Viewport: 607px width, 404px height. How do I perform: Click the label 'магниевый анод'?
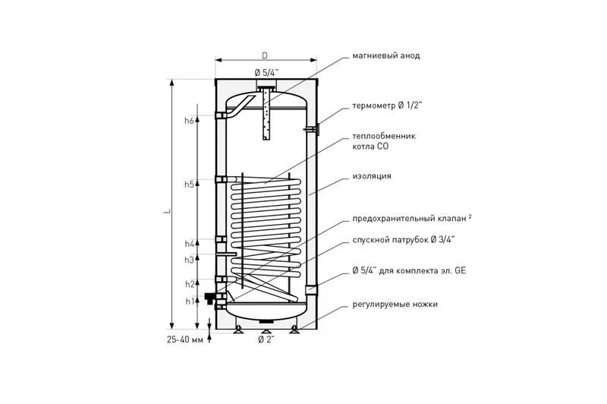click(x=386, y=55)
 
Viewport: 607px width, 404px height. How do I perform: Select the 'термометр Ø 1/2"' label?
click(x=387, y=106)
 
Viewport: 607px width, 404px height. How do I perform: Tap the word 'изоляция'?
click(x=372, y=176)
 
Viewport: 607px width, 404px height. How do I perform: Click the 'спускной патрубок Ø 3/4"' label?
click(x=404, y=240)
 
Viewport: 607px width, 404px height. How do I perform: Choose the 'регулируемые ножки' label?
click(x=395, y=305)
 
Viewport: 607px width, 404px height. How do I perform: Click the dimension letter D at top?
click(x=265, y=55)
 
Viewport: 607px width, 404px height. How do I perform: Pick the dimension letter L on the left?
click(x=168, y=211)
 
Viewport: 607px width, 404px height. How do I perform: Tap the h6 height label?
click(x=189, y=121)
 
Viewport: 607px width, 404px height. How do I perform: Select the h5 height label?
click(x=189, y=185)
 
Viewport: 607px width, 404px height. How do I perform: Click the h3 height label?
click(x=189, y=260)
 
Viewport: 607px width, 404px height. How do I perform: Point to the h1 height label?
click(x=190, y=301)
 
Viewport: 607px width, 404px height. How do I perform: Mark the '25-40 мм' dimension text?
click(x=185, y=340)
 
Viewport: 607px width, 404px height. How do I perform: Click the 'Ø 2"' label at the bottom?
click(x=266, y=340)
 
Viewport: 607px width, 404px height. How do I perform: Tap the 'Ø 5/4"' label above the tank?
click(x=267, y=72)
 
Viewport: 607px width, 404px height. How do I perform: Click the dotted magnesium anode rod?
click(x=266, y=115)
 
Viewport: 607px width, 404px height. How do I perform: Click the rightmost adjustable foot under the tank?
click(x=294, y=330)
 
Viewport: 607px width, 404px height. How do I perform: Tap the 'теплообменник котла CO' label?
click(x=384, y=141)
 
